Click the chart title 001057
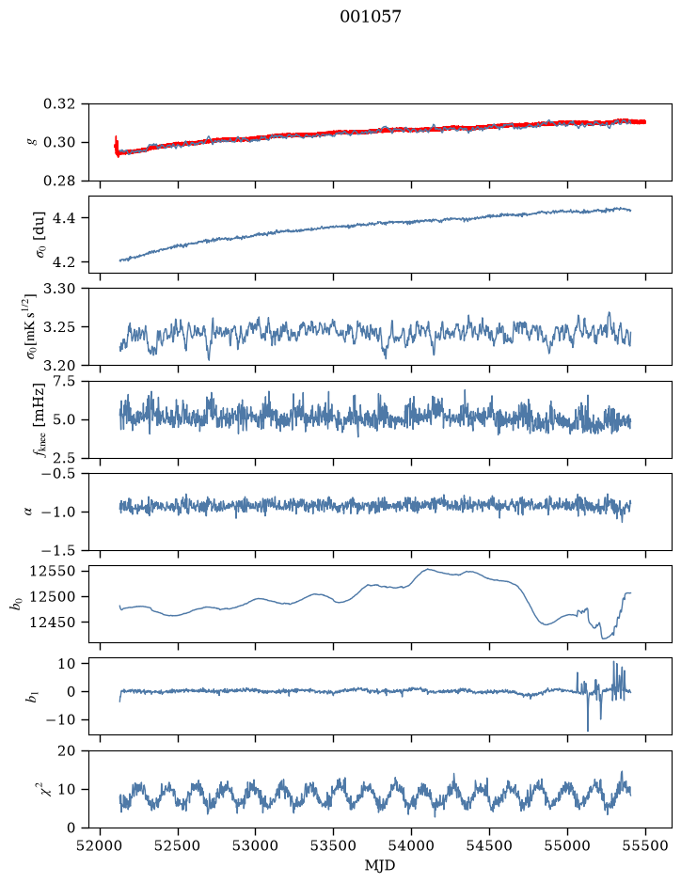coord(371,17)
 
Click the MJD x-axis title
coord(380,865)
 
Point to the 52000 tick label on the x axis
coord(101,845)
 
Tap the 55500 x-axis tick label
coord(645,845)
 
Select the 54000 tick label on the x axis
coord(412,845)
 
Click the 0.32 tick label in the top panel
coord(58,104)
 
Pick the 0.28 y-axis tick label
coord(58,181)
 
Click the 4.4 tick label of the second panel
coord(63,218)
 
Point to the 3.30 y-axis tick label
coord(58,289)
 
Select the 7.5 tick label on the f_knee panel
coord(63,381)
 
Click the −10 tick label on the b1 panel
coord(58,720)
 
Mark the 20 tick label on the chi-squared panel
coord(67,750)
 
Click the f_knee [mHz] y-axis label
coord(39,419)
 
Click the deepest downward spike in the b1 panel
coord(588,730)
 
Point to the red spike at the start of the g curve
coord(116,146)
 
